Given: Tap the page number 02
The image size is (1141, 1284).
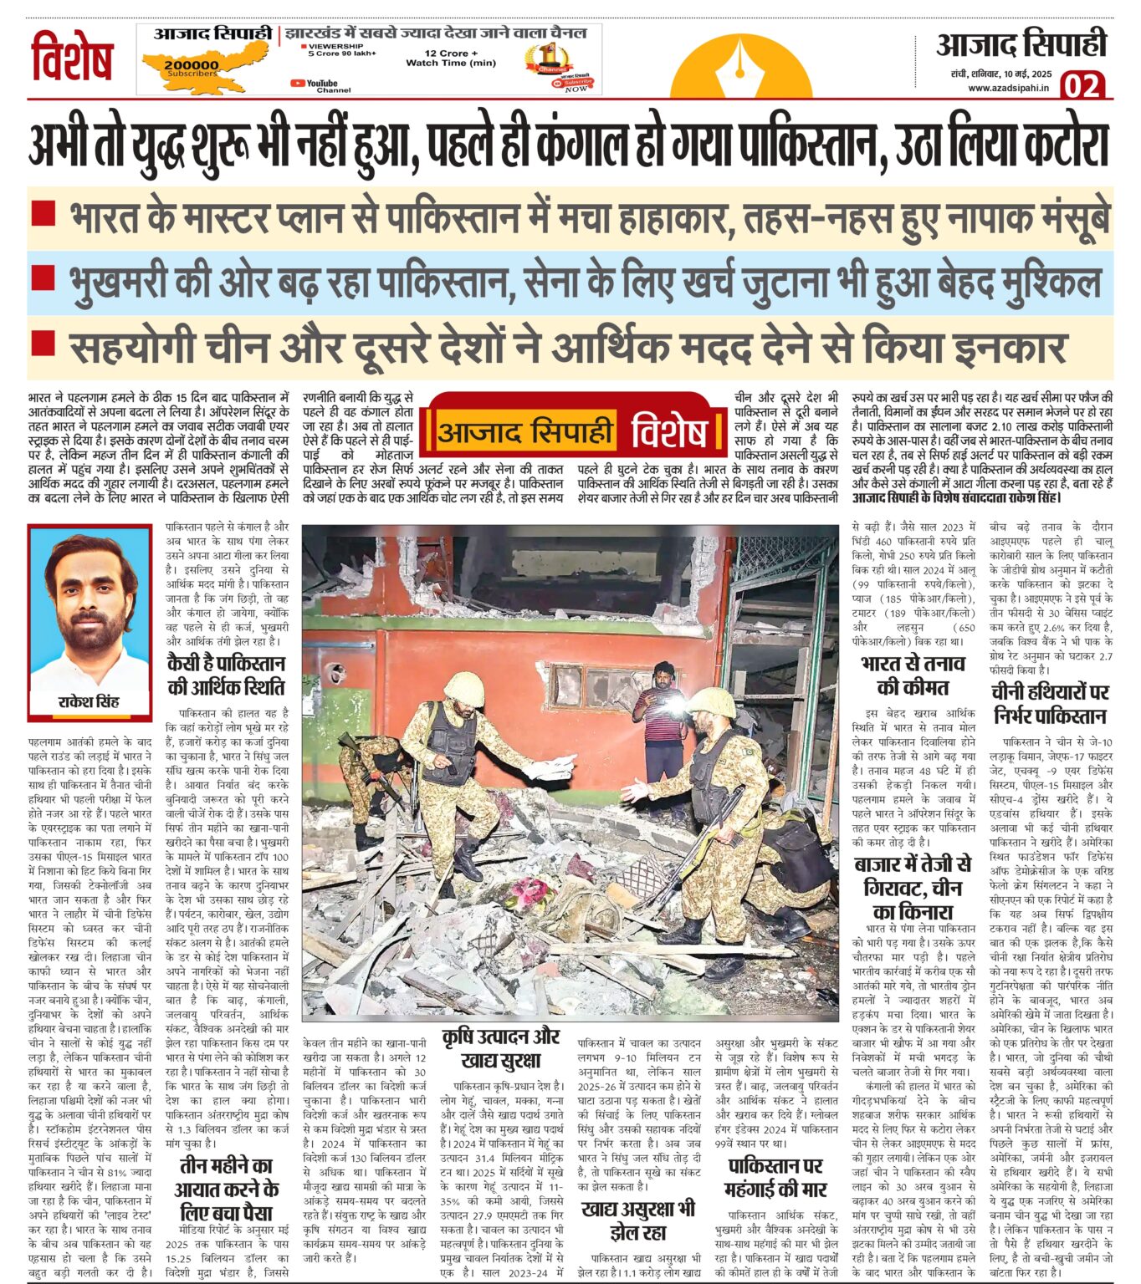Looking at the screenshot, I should [1082, 85].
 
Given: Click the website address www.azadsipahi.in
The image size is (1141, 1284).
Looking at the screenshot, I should [1008, 88].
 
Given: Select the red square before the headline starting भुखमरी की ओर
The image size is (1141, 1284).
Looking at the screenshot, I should [43, 278].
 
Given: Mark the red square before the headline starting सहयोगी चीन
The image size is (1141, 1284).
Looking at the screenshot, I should [43, 343].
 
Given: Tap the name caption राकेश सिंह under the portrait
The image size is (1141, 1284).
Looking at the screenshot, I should [89, 701].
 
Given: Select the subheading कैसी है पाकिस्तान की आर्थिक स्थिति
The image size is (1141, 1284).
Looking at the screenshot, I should [226, 675].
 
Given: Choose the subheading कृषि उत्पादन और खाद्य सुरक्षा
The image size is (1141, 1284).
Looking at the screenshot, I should [500, 1048].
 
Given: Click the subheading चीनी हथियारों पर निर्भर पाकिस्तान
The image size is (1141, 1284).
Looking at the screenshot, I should [1050, 704].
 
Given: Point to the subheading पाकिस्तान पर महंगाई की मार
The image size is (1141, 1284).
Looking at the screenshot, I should [775, 1177].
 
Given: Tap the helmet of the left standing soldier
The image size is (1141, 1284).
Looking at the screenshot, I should [464, 687].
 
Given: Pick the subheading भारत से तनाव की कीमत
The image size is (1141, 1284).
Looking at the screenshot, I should [913, 675].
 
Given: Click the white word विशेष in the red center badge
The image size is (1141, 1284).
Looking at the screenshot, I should [669, 432].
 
